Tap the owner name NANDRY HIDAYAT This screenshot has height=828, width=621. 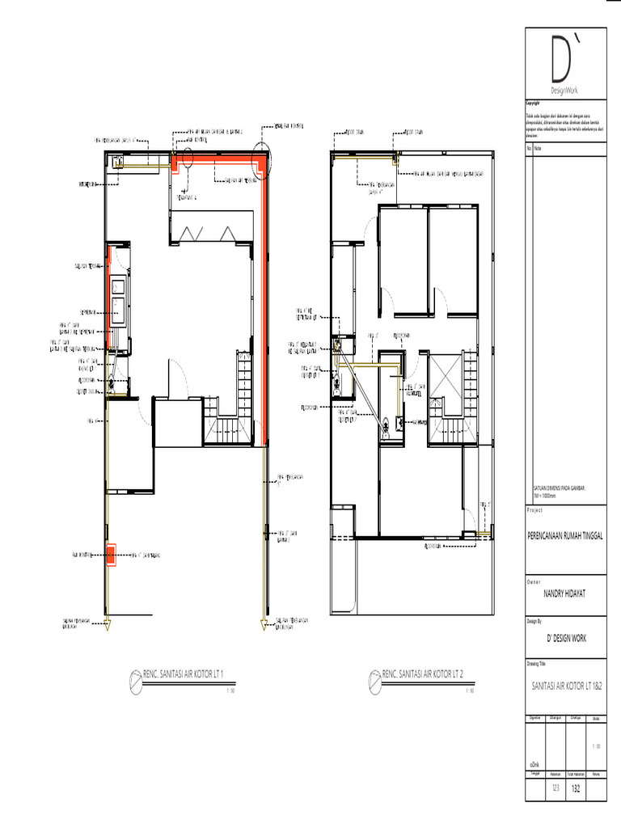coord(565,593)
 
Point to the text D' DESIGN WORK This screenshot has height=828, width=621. coord(565,638)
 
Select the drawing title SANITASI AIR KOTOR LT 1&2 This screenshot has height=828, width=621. coord(565,685)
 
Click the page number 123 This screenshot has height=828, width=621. coord(556,788)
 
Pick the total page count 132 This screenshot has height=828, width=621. coord(576,788)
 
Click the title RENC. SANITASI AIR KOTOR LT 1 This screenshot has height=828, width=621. coord(183,674)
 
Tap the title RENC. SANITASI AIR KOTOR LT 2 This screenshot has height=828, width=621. coord(422,674)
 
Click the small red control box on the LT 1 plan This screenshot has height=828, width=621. coord(110,556)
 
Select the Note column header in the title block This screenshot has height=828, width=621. coord(539,149)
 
